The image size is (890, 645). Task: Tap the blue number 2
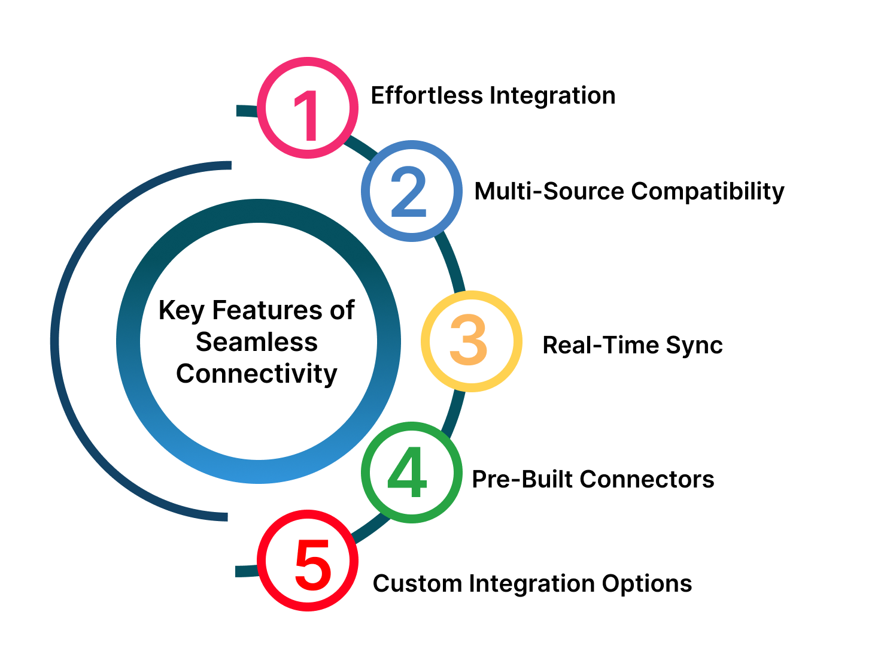point(409,191)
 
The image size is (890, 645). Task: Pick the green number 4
point(407,471)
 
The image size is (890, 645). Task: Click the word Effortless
point(427,96)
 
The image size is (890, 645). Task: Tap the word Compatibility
point(707,192)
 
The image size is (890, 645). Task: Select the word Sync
point(694,346)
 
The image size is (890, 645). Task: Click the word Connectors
point(647,479)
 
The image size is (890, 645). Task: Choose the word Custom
point(417,584)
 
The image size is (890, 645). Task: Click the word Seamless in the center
point(257,342)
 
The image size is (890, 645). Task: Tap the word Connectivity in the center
point(257,374)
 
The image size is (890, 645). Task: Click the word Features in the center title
point(267,310)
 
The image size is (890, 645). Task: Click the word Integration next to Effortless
point(552,96)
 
